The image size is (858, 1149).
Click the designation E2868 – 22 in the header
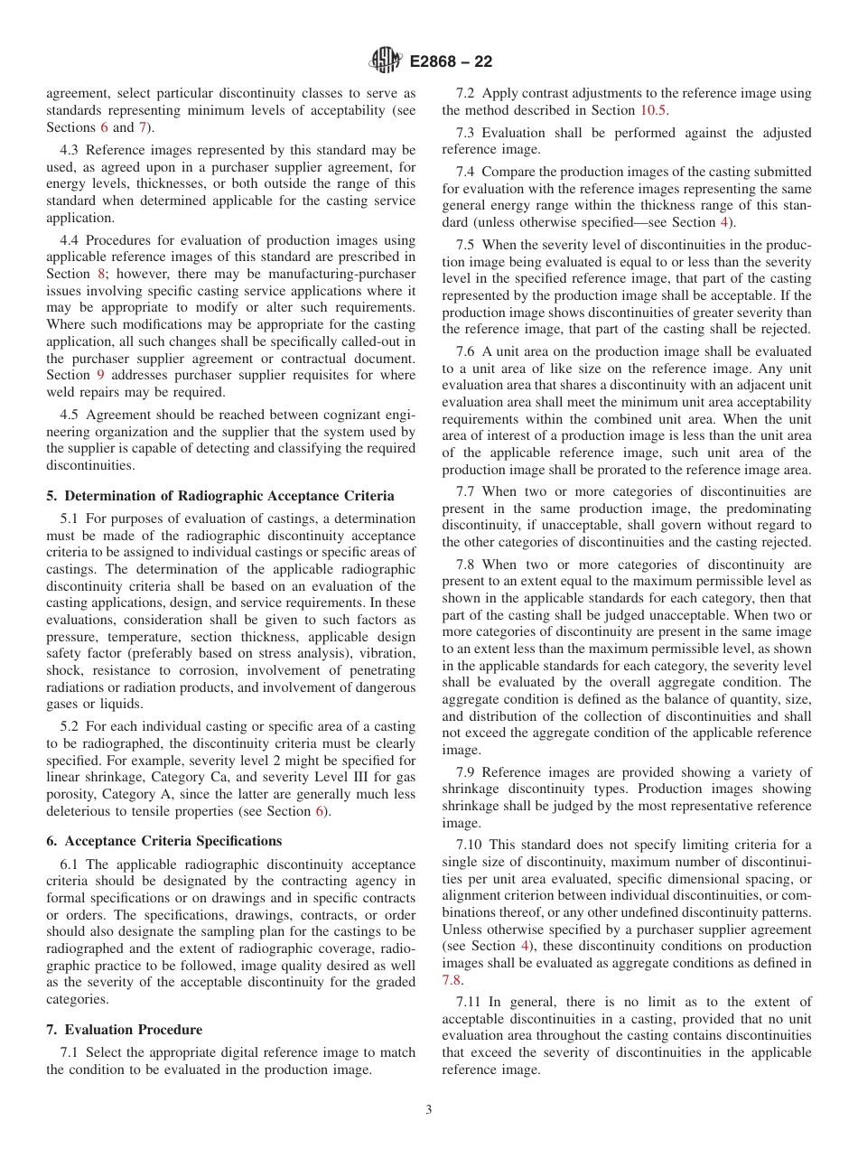pyautogui.click(x=451, y=62)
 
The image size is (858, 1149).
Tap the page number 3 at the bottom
pyautogui.click(x=429, y=1110)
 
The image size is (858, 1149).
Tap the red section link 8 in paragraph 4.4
pyautogui.click(x=101, y=274)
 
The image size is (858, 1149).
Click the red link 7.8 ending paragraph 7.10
pyautogui.click(x=452, y=979)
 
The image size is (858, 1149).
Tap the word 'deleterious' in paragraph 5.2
pyautogui.click(x=80, y=811)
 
